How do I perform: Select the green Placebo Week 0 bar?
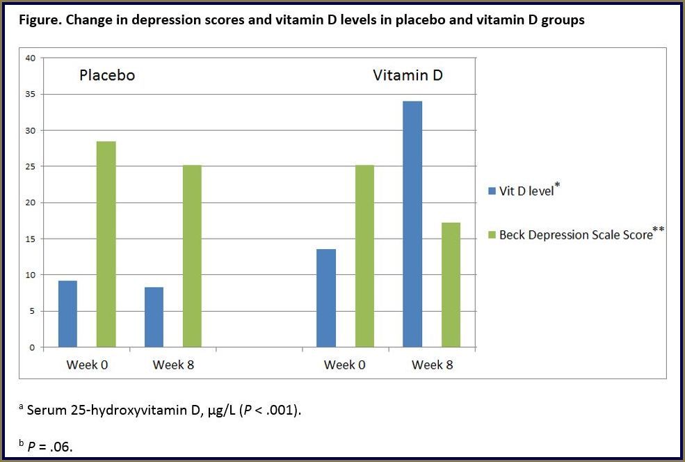click(106, 244)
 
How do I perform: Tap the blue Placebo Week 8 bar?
click(154, 317)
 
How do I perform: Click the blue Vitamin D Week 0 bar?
click(326, 298)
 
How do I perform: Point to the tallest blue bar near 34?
click(412, 224)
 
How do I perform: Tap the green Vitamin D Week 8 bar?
click(451, 285)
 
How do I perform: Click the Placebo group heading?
click(106, 75)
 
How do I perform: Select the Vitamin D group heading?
click(408, 75)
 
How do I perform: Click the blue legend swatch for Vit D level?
click(491, 191)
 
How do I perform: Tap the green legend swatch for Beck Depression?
click(491, 235)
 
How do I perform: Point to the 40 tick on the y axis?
click(30, 58)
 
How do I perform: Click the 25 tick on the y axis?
click(30, 166)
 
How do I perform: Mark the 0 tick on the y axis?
click(32, 347)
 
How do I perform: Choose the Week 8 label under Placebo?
click(173, 365)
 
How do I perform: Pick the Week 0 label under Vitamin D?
click(345, 365)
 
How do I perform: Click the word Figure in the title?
click(38, 19)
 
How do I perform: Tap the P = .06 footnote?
click(49, 446)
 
